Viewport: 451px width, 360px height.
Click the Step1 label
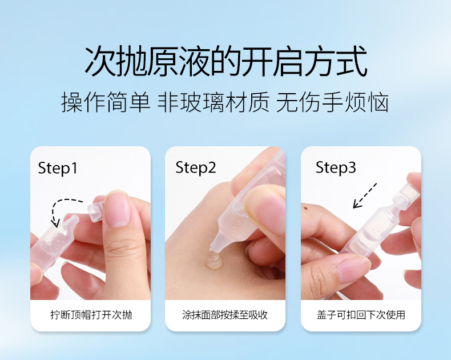coord(58,168)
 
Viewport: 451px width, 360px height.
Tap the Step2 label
coord(196,167)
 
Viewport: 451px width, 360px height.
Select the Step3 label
coord(336,167)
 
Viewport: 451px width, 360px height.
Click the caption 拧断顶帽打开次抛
coord(91,315)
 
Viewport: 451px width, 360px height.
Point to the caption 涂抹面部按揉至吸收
coord(225,315)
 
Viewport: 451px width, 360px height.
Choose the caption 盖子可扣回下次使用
coord(361,315)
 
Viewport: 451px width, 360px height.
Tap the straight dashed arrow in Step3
coord(365,195)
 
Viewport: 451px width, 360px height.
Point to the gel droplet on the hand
coord(214,262)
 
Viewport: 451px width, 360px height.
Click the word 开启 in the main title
coord(272,61)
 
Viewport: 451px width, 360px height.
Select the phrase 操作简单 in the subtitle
coord(106,102)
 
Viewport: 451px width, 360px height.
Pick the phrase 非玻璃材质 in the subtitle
coord(214,102)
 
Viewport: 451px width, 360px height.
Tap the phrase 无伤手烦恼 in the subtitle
coord(332,102)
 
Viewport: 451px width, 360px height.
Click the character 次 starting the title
coord(100,61)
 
